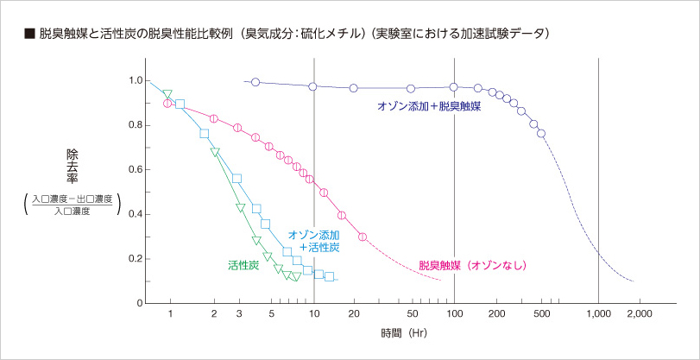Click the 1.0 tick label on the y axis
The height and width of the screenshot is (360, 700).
point(136,80)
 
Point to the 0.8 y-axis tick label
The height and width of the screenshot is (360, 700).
point(136,125)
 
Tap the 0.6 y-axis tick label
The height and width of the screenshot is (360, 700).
point(136,170)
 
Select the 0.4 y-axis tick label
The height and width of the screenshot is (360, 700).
point(136,214)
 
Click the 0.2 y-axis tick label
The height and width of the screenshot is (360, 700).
point(136,259)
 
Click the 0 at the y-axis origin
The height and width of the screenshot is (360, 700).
point(138,304)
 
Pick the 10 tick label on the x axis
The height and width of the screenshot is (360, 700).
point(313,315)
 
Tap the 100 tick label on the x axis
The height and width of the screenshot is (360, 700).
point(454,315)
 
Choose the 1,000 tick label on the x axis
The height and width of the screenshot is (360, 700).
point(598,315)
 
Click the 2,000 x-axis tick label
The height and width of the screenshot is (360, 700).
point(640,315)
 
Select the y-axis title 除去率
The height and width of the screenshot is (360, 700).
point(73,166)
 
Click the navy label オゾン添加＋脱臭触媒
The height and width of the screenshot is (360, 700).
point(429,107)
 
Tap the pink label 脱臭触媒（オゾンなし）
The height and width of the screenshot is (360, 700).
point(472,265)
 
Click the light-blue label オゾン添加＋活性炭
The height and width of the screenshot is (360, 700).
point(312,241)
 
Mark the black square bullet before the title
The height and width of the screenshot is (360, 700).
point(28,35)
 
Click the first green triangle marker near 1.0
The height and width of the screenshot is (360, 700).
point(167,94)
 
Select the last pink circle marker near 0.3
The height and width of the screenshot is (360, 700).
point(363,237)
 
